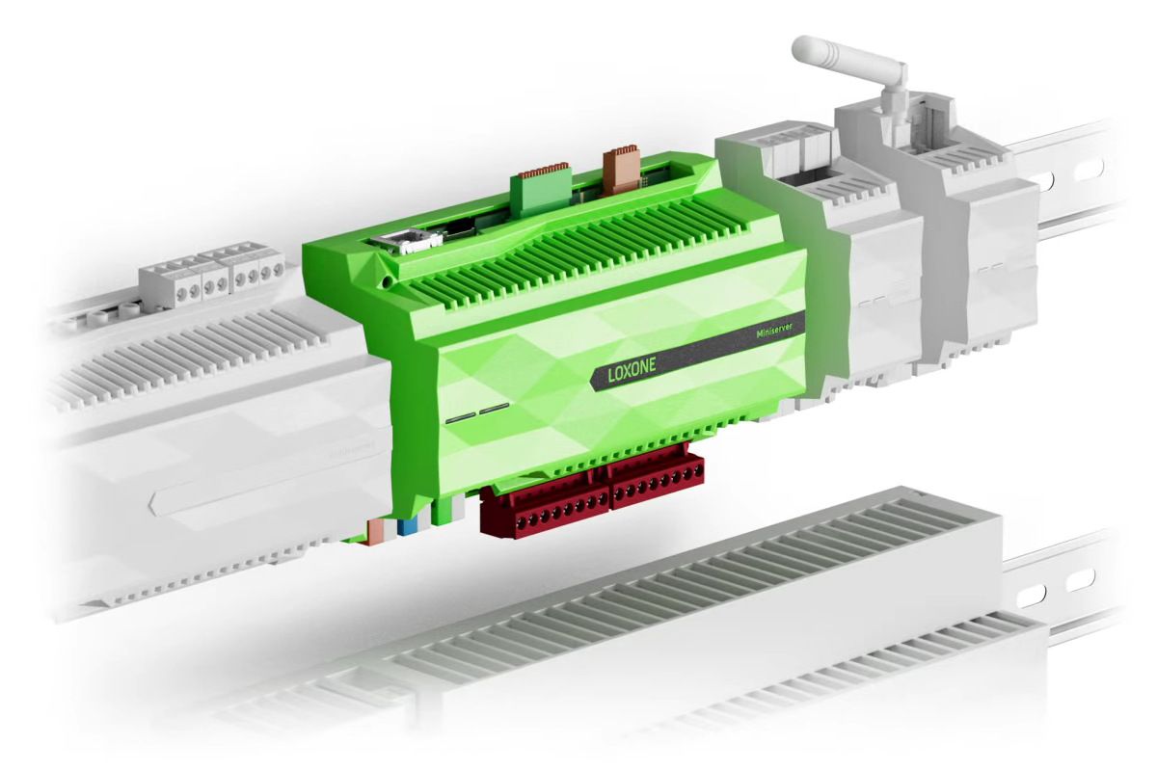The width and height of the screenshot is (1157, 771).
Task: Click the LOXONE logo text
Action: [632, 369]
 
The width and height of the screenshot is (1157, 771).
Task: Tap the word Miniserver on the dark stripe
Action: [773, 331]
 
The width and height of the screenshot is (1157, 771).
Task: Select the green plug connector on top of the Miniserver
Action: [540, 187]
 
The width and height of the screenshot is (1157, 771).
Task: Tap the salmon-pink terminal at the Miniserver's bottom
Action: [375, 531]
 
